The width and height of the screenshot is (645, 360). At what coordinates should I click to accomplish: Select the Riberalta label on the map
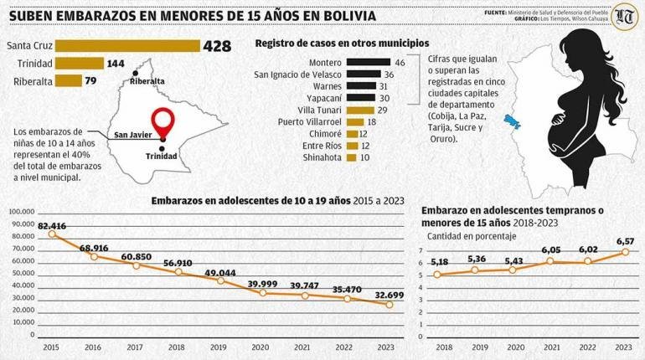click(147, 81)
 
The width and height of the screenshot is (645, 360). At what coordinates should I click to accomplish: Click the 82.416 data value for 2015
click(52, 226)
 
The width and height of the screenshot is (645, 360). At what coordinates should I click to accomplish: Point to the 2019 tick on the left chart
click(219, 347)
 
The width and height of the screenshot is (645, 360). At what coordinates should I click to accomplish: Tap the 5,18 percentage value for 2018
click(438, 263)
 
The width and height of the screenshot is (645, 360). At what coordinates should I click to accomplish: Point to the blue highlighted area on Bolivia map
click(510, 121)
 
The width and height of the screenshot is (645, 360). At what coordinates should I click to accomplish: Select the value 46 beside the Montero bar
click(400, 62)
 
